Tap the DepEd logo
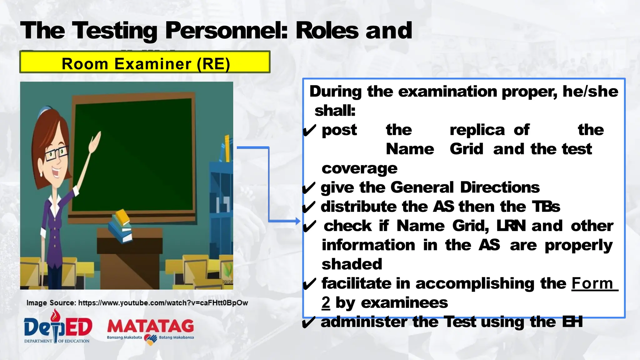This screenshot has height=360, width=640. click(58, 327)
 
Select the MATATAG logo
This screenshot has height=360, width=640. click(150, 330)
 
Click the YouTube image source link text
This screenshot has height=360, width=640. click(163, 303)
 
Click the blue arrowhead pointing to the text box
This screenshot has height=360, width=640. click(297, 221)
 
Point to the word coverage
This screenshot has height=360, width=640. click(359, 168)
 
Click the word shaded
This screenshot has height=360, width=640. click(352, 264)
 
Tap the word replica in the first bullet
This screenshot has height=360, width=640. click(477, 130)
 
